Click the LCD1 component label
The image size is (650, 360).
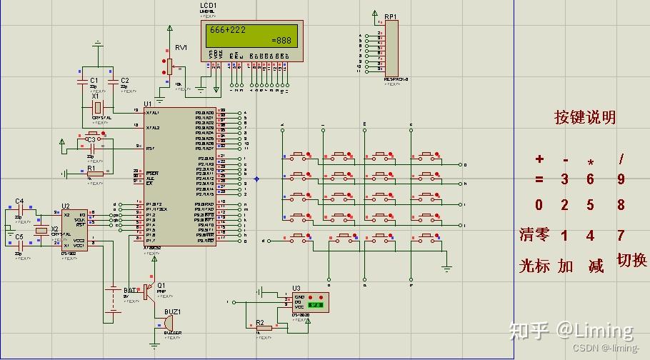click(209, 6)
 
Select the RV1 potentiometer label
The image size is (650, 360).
click(181, 47)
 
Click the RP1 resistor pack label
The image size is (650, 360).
click(391, 16)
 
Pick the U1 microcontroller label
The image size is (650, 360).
click(148, 104)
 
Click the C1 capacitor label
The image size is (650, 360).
click(94, 80)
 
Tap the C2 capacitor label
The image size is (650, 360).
click(125, 80)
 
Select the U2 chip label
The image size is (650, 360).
click(66, 206)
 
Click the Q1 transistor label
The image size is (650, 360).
click(161, 284)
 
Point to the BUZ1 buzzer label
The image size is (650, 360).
click(174, 312)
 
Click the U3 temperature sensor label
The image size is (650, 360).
click(296, 288)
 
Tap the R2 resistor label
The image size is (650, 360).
click(260, 322)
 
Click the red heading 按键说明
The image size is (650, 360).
click(585, 118)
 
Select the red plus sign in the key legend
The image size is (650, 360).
click(539, 159)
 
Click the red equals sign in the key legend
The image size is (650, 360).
click(539, 180)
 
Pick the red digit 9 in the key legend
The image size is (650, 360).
click(621, 180)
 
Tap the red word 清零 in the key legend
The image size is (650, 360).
click(534, 235)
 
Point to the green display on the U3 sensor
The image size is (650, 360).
click(316, 305)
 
